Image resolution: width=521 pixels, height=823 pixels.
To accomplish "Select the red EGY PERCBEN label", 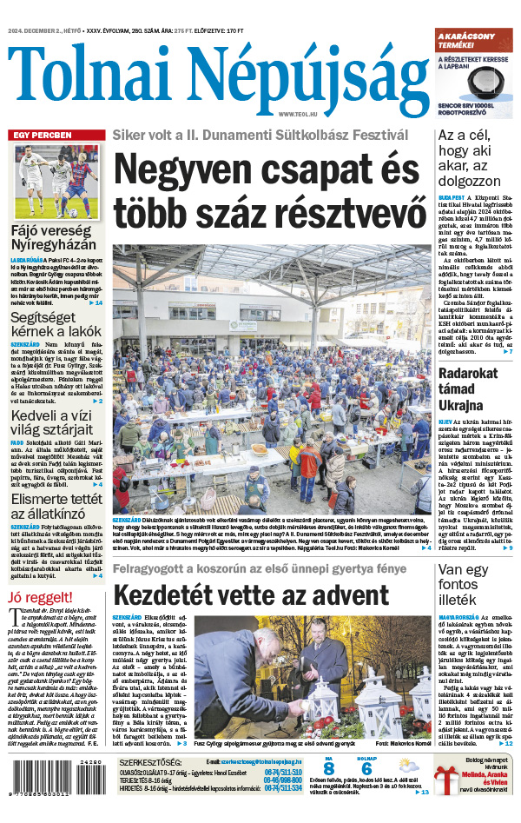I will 42,136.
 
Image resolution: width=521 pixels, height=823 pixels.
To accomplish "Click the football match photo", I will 56,183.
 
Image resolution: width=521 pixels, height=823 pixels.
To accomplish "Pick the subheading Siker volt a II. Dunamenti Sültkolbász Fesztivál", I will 260,135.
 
